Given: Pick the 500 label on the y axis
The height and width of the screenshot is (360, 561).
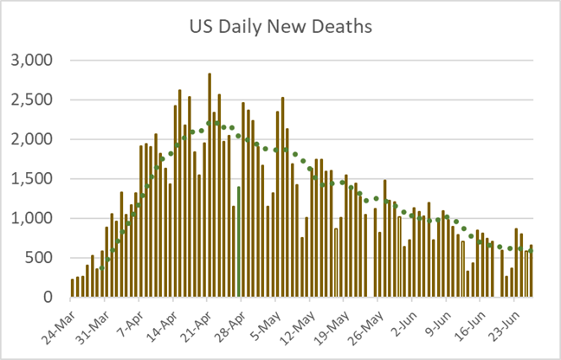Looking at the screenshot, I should pos(40,258).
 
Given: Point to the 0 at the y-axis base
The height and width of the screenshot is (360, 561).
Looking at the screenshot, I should pos(48,298).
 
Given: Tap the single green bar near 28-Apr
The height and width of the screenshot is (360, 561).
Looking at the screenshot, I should pos(238,242).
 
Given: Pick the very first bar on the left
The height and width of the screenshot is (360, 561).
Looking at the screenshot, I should pos(73,288).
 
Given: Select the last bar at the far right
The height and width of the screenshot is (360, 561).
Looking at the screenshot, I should pos(532,272).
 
